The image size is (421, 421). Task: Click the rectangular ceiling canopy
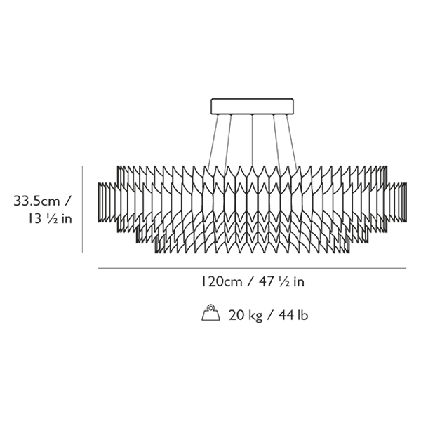[252, 106]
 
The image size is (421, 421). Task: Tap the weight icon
[210, 313]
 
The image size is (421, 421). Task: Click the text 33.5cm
[36, 201]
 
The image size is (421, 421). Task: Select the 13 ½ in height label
[51, 219]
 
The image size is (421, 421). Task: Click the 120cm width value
[222, 282]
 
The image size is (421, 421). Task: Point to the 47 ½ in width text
[281, 282]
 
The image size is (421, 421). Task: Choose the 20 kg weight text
[246, 315]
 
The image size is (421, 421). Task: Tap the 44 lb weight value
[293, 315]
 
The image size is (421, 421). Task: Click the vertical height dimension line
[83, 209]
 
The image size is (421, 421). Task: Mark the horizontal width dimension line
[252, 268]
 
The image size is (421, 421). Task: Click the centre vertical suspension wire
[252, 140]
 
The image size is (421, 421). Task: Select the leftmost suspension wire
[213, 141]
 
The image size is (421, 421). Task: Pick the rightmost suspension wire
[292, 142]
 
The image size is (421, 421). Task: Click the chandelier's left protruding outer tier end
[107, 203]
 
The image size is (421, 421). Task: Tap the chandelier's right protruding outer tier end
[397, 203]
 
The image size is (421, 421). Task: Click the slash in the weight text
[271, 315]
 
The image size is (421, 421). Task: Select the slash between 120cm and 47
[250, 282]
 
